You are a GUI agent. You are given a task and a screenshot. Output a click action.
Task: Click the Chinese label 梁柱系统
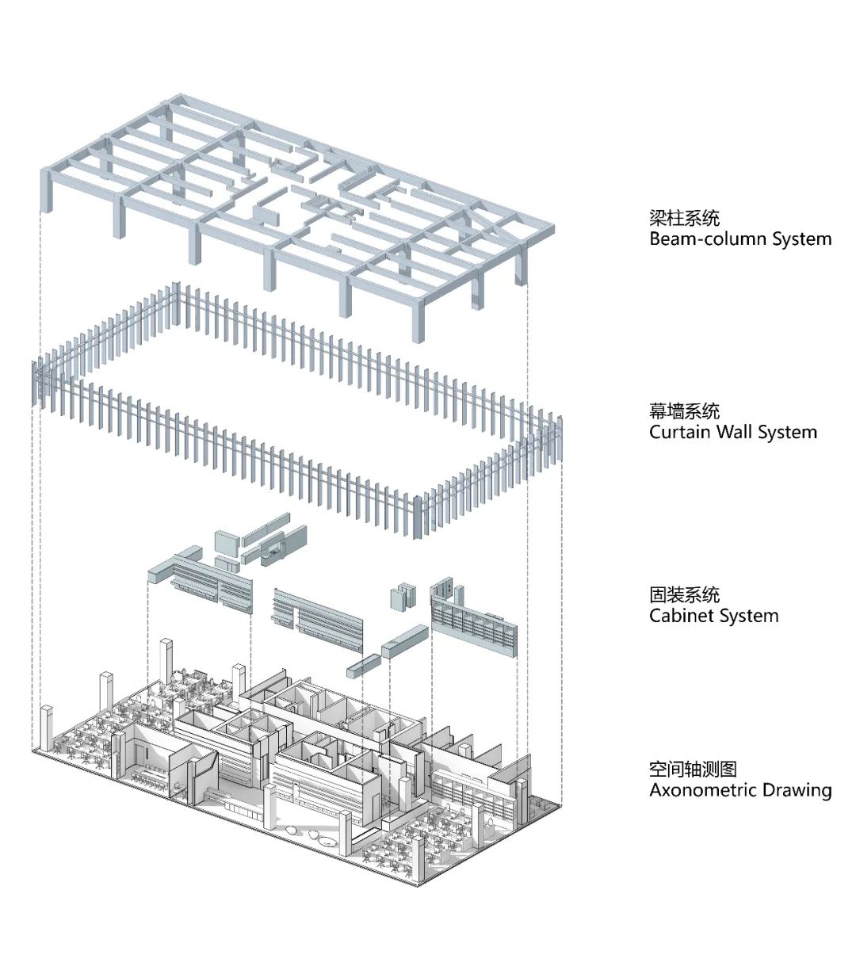(x=684, y=218)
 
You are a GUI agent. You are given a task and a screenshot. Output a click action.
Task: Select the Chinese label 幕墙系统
(x=684, y=411)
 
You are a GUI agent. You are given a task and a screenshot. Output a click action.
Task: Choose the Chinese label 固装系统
(x=684, y=595)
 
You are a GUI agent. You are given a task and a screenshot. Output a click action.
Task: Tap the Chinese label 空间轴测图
(x=693, y=769)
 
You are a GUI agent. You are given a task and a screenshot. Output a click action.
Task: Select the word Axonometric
(x=703, y=790)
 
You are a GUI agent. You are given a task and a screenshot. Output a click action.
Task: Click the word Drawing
(x=797, y=790)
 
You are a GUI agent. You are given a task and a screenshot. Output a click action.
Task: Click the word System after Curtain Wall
(x=787, y=432)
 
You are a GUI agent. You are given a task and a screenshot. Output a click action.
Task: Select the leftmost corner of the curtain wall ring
(x=36, y=384)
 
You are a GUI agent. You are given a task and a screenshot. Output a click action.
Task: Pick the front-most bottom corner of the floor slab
(x=418, y=883)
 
